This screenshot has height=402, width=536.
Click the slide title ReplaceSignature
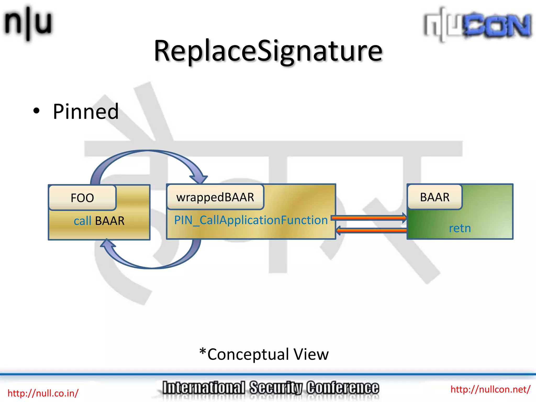[268, 51]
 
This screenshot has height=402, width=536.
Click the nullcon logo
[477, 25]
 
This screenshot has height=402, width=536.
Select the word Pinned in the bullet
[86, 112]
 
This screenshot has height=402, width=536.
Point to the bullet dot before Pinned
[36, 111]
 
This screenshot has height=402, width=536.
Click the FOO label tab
[82, 198]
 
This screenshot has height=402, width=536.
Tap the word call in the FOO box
[82, 221]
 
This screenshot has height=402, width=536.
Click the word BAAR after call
[110, 221]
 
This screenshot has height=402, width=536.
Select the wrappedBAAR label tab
[215, 197]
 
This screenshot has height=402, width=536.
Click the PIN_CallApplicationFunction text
[251, 220]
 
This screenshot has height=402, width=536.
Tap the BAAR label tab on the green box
[435, 197]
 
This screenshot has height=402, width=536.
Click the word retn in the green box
[460, 228]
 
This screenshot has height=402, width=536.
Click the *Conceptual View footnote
[264, 354]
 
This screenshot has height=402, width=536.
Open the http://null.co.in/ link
[43, 393]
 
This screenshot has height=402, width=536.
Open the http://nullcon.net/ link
[490, 389]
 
